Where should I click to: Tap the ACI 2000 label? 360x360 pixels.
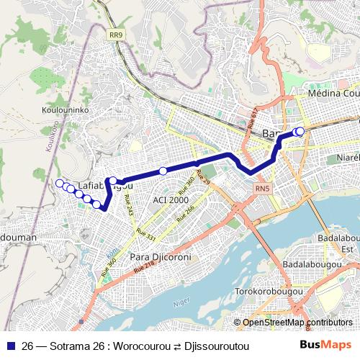170,199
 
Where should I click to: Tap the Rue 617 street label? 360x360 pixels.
252,119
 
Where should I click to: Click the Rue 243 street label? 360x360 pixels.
128,206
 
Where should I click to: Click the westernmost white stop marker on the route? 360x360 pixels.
59,184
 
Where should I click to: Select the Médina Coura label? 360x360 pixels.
333,94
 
